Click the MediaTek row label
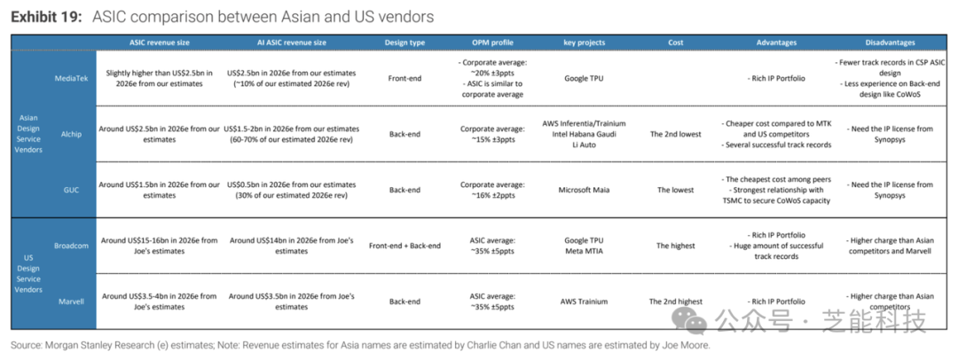tap(72, 78)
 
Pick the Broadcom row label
tap(72, 246)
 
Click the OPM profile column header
tap(492, 43)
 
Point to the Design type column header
tap(404, 43)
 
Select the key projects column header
tap(584, 43)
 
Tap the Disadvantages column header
tap(891, 43)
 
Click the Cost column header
tap(676, 43)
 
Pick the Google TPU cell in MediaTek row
tap(584, 78)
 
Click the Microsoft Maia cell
tap(584, 190)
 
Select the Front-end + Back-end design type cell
tap(404, 246)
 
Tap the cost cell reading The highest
tap(676, 246)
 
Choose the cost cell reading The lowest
tap(676, 190)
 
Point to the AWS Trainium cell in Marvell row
tap(584, 301)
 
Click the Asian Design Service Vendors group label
tap(28, 135)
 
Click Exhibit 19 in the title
tap(46, 17)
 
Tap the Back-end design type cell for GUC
tap(404, 190)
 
